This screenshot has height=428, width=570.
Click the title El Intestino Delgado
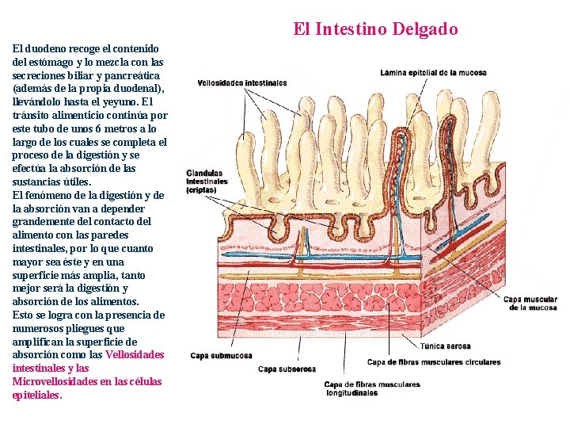[375, 29]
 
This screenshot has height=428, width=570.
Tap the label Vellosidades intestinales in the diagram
[241, 82]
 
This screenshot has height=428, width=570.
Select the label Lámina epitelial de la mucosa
[444, 73]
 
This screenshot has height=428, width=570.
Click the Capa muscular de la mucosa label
[530, 304]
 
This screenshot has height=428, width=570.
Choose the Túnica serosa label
[445, 346]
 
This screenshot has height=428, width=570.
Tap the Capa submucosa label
[221, 356]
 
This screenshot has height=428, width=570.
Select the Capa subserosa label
[287, 369]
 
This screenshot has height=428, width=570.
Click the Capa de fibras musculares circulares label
[434, 362]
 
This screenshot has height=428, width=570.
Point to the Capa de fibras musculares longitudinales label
[371, 388]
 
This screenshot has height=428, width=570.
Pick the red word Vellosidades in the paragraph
[135, 354]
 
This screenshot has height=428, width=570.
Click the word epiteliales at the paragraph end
[36, 395]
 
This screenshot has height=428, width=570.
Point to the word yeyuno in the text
[121, 101]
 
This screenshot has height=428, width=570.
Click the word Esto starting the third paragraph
[24, 315]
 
